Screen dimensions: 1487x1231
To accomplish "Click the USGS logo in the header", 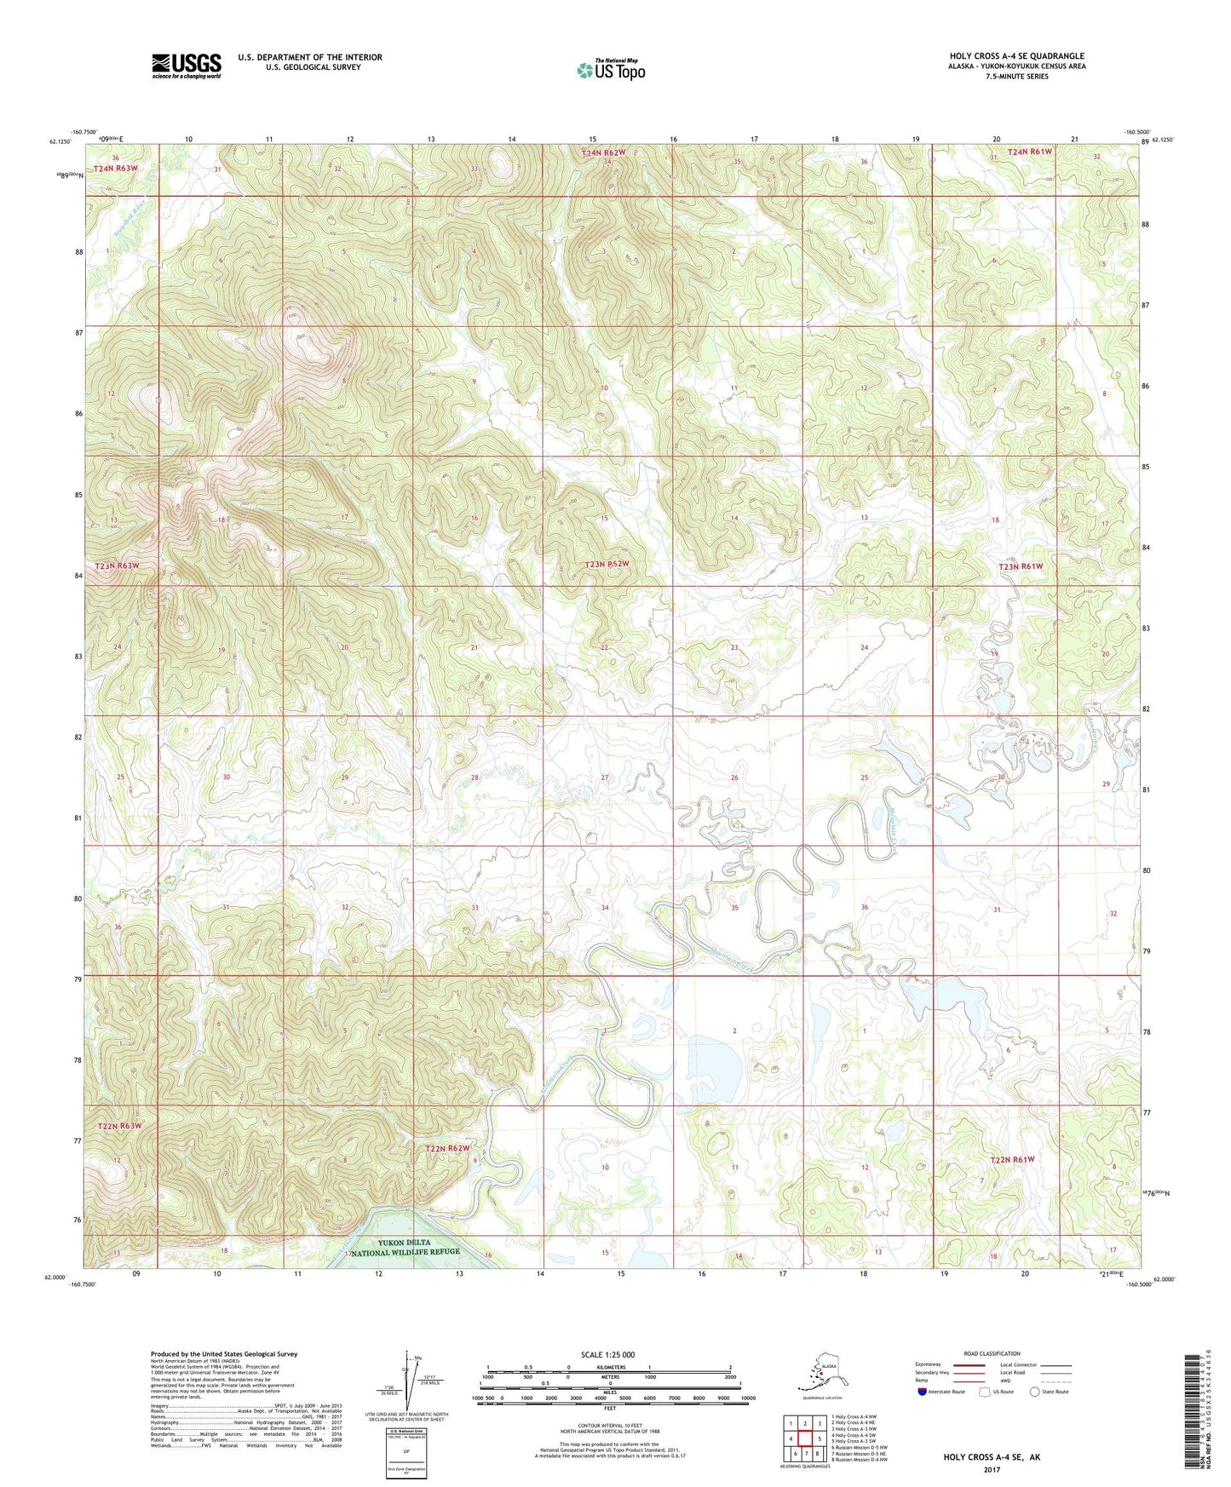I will (x=186, y=66).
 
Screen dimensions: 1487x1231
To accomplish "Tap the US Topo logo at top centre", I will (x=610, y=70).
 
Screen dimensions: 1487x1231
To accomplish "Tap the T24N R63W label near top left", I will (x=116, y=169).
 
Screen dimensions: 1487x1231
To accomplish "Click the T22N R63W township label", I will (x=119, y=1126).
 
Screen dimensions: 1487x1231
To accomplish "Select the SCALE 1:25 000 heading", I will (x=607, y=1355).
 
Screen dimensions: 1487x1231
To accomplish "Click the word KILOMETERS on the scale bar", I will (x=608, y=1368).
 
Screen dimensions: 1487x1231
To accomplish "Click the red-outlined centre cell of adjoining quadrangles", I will (x=804, y=1438).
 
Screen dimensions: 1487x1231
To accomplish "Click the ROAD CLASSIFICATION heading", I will (x=991, y=1353).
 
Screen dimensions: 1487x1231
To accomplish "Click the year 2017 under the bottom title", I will (x=991, y=1470).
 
